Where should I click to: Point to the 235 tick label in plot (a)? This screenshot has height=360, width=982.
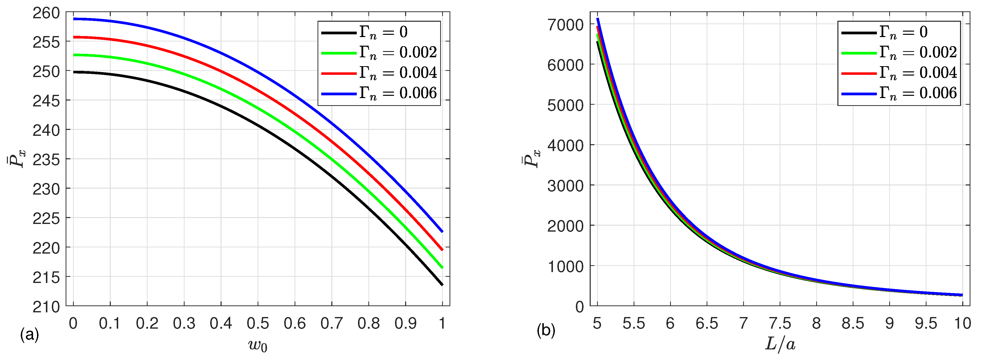point(46,160)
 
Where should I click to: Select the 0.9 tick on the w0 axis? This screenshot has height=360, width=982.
point(406,324)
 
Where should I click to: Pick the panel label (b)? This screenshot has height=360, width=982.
point(546,330)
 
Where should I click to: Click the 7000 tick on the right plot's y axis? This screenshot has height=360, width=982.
point(565,25)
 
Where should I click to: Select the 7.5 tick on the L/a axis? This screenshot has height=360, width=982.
point(780,324)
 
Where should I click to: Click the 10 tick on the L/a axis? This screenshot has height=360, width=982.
point(962,324)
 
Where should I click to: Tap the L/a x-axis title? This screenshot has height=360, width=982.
point(780,344)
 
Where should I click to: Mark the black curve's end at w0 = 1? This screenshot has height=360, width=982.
point(442,284)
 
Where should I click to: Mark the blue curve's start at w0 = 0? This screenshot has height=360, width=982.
point(74,19)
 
